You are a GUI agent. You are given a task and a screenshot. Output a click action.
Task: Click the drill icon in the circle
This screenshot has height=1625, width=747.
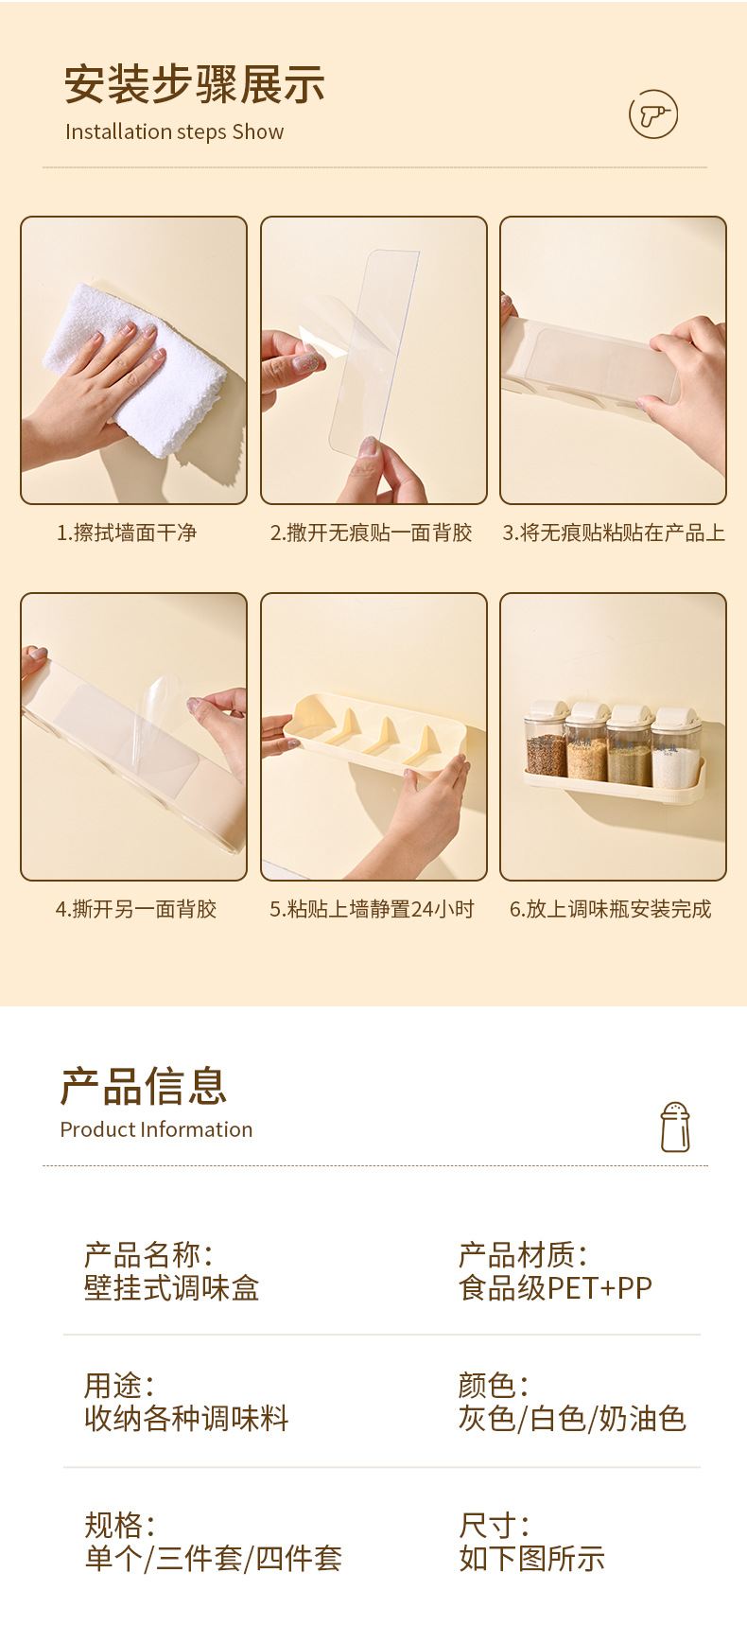pyautogui.click(x=653, y=115)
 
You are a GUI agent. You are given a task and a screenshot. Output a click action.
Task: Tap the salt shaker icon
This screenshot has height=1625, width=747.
pyautogui.click(x=675, y=1127)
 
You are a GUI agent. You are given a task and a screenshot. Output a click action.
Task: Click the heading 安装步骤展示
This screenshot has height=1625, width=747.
pyautogui.click(x=195, y=85)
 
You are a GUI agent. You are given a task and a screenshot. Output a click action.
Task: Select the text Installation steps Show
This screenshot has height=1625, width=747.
pyautogui.click(x=174, y=132)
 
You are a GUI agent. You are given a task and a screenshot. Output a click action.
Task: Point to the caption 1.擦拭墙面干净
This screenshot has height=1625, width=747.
pyautogui.click(x=127, y=533)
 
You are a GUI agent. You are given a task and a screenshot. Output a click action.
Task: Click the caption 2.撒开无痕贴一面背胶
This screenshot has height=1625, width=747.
pyautogui.click(x=371, y=533)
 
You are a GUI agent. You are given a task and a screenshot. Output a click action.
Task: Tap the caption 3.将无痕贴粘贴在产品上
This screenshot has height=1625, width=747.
pyautogui.click(x=614, y=533)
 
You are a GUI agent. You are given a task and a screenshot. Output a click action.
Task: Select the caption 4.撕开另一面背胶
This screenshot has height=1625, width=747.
pyautogui.click(x=136, y=909)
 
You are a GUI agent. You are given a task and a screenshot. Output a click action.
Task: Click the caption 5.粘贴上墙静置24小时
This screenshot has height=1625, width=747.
pyautogui.click(x=372, y=909)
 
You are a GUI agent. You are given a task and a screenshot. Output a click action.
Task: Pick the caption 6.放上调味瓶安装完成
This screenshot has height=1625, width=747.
pyautogui.click(x=611, y=909)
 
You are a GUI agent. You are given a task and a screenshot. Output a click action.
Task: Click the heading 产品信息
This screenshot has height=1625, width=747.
pyautogui.click(x=144, y=1086)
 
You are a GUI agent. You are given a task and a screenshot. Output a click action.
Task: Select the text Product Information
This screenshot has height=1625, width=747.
pyautogui.click(x=156, y=1129)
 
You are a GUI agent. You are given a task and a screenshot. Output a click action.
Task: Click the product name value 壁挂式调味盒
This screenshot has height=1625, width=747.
pyautogui.click(x=171, y=1288)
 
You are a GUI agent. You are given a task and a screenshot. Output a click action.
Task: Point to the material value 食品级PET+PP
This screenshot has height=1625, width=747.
pyautogui.click(x=555, y=1288)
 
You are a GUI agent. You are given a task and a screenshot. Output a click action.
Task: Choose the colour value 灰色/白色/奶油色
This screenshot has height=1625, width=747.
pyautogui.click(x=572, y=1419)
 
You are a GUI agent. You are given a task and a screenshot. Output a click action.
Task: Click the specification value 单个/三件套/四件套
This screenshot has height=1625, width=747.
pyautogui.click(x=213, y=1558)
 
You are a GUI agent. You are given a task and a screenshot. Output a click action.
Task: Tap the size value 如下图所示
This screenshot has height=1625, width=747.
pyautogui.click(x=531, y=1558)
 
